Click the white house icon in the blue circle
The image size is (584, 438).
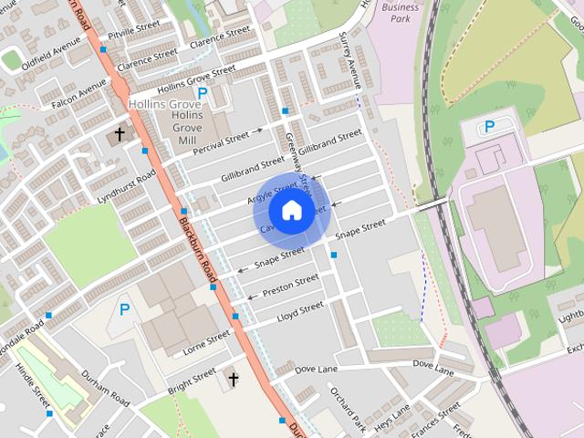tap(291, 210)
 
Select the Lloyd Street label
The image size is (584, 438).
tap(300, 312)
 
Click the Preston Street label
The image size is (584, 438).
tap(290, 286)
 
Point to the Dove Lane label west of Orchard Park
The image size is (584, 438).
tap(317, 369)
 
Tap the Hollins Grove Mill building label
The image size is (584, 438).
tap(186, 129)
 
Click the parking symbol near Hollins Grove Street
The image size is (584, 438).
tap(203, 93)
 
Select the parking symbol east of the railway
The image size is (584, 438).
tap(489, 127)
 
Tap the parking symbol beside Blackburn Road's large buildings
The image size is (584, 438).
tap(124, 310)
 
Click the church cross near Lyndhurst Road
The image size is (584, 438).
tap(120, 134)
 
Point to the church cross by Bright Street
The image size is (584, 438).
tap(233, 378)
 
